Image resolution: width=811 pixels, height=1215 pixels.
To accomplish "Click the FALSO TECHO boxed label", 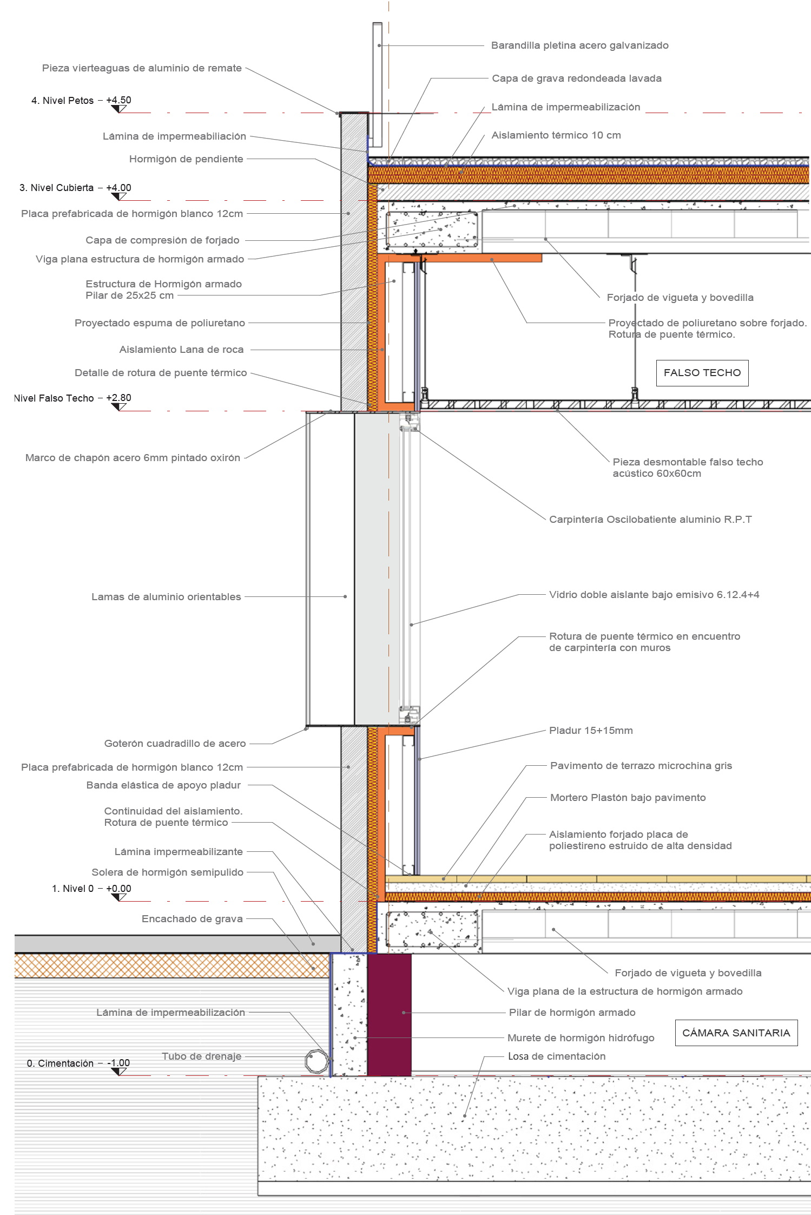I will click(x=702, y=373).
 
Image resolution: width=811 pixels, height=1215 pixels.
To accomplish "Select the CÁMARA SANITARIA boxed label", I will click(x=736, y=1033).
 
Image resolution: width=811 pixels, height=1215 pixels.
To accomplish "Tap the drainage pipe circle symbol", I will click(x=317, y=1061).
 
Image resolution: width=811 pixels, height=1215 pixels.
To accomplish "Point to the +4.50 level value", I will click(x=118, y=100).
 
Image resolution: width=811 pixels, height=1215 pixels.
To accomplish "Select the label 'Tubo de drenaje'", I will click(x=201, y=1056).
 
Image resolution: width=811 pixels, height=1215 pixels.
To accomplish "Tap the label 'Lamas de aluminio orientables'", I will click(x=166, y=596).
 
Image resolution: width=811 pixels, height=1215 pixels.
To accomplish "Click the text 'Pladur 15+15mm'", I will click(x=591, y=730).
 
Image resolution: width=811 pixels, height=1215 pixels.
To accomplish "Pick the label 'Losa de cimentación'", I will click(x=556, y=1056).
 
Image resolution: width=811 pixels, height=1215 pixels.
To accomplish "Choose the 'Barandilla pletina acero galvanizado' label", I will click(x=579, y=45).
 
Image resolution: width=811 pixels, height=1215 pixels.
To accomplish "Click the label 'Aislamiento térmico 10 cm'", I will click(x=556, y=135).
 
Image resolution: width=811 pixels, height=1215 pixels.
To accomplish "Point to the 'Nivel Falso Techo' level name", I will click(x=54, y=398).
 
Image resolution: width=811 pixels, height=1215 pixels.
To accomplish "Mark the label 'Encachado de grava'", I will click(x=192, y=918).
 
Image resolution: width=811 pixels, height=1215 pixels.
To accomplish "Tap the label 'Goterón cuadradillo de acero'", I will click(x=175, y=744).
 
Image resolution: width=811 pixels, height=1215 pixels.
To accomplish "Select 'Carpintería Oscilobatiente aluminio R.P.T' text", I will click(x=650, y=520).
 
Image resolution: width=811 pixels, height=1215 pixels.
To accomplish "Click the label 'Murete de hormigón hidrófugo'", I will click(x=581, y=1037).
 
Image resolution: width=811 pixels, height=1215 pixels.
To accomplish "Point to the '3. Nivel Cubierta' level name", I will click(x=56, y=188).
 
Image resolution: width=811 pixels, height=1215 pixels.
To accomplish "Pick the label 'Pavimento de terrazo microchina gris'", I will click(x=641, y=765).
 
